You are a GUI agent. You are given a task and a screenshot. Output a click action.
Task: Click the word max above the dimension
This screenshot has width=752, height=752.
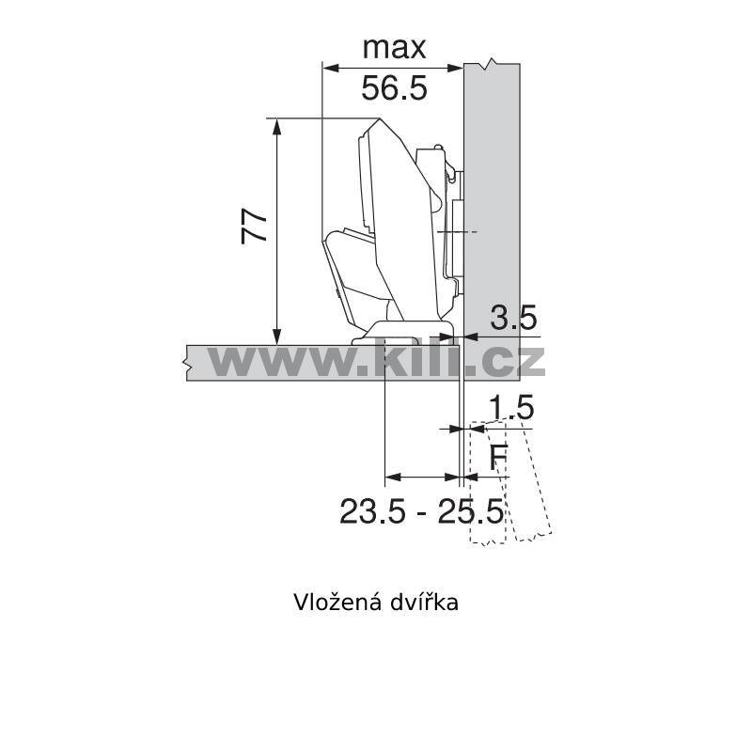click(394, 48)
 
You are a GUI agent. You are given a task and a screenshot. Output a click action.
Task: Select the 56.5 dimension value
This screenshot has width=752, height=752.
click(394, 88)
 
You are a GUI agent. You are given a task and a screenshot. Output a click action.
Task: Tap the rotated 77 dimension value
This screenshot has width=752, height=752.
click(254, 226)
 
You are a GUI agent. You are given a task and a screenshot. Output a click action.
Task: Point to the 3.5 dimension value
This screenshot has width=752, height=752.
click(513, 318)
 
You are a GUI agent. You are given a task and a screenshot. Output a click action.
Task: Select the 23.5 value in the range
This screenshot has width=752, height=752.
click(372, 511)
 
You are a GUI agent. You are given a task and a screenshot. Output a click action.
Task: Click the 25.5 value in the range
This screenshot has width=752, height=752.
click(471, 511)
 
